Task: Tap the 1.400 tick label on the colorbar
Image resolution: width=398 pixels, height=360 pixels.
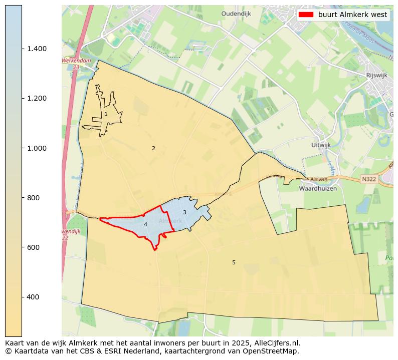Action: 37,49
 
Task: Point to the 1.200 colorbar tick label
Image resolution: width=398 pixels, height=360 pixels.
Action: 37,98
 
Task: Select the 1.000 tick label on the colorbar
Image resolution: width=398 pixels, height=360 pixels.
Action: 37,148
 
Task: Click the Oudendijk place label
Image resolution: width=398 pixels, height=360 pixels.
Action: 236,14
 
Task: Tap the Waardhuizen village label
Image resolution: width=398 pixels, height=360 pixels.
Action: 317,189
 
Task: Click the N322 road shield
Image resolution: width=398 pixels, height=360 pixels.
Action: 368,179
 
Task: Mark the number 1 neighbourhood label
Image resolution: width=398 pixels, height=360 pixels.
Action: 106,114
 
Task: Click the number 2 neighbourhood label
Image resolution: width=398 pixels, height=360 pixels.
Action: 153,148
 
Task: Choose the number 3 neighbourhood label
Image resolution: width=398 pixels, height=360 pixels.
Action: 184,212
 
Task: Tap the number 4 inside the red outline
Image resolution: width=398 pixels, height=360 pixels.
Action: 145,224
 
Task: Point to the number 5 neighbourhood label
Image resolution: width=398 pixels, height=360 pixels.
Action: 234,262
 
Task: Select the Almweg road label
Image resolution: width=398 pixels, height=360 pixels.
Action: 318,179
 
